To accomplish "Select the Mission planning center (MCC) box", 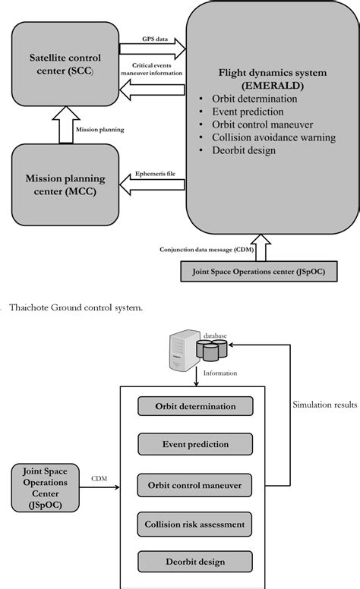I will (66, 183).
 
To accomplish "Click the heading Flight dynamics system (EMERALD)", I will (273, 80).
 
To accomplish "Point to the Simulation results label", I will (324, 405).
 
